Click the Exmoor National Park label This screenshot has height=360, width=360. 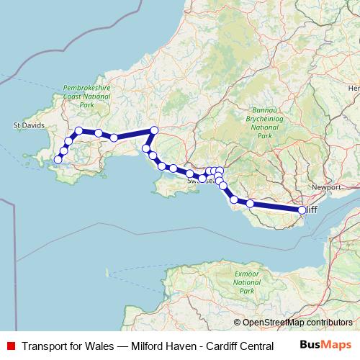(247, 283)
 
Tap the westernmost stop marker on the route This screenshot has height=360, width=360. (58, 159)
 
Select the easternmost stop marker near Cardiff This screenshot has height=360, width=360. (302, 210)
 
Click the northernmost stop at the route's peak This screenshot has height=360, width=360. (153, 130)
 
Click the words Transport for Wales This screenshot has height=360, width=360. (67, 345)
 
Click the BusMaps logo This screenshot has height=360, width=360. (325, 344)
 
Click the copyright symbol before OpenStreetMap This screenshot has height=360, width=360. (237, 323)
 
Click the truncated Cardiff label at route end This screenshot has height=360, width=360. (312, 210)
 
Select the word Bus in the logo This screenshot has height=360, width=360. (312, 344)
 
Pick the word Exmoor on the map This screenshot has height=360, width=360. (247, 274)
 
